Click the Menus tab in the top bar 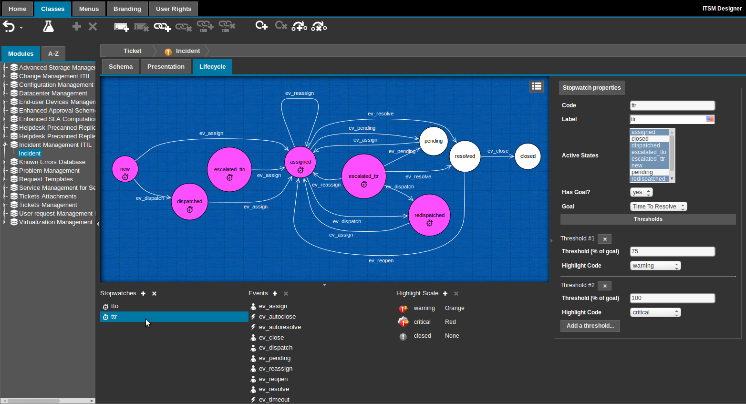point(89,9)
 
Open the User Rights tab point(173,9)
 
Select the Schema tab point(121,67)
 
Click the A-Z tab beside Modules point(53,54)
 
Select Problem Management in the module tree point(49,171)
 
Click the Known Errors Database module point(52,162)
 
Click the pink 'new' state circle point(125,169)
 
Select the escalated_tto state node point(229,169)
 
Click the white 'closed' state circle point(528,156)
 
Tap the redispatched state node point(429,215)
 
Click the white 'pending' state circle point(434,141)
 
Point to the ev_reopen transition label point(381,261)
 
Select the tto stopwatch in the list point(114,306)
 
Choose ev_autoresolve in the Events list point(280,327)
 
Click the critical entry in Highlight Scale point(422,322)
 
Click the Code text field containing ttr point(672,105)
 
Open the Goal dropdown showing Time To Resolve point(658,207)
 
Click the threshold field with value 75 point(672,251)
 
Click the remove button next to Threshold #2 point(604,286)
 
